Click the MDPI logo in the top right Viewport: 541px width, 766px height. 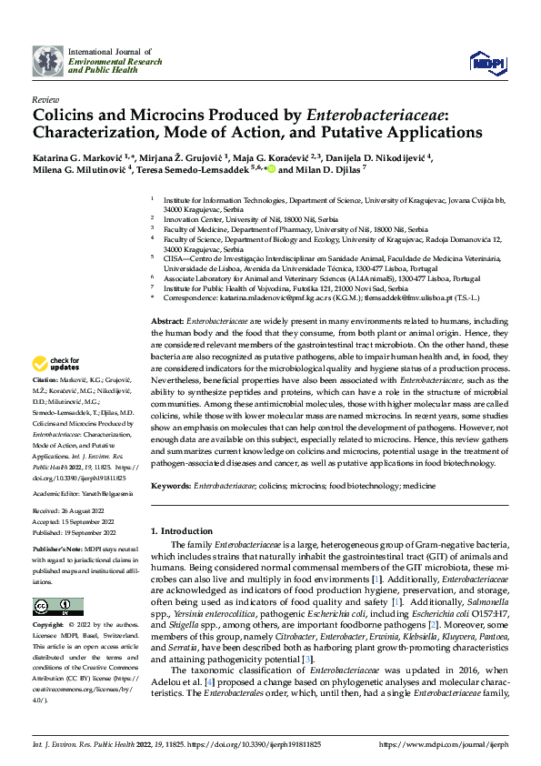[486, 61]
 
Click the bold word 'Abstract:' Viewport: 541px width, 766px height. [168, 322]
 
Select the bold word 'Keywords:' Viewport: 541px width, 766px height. [171, 487]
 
